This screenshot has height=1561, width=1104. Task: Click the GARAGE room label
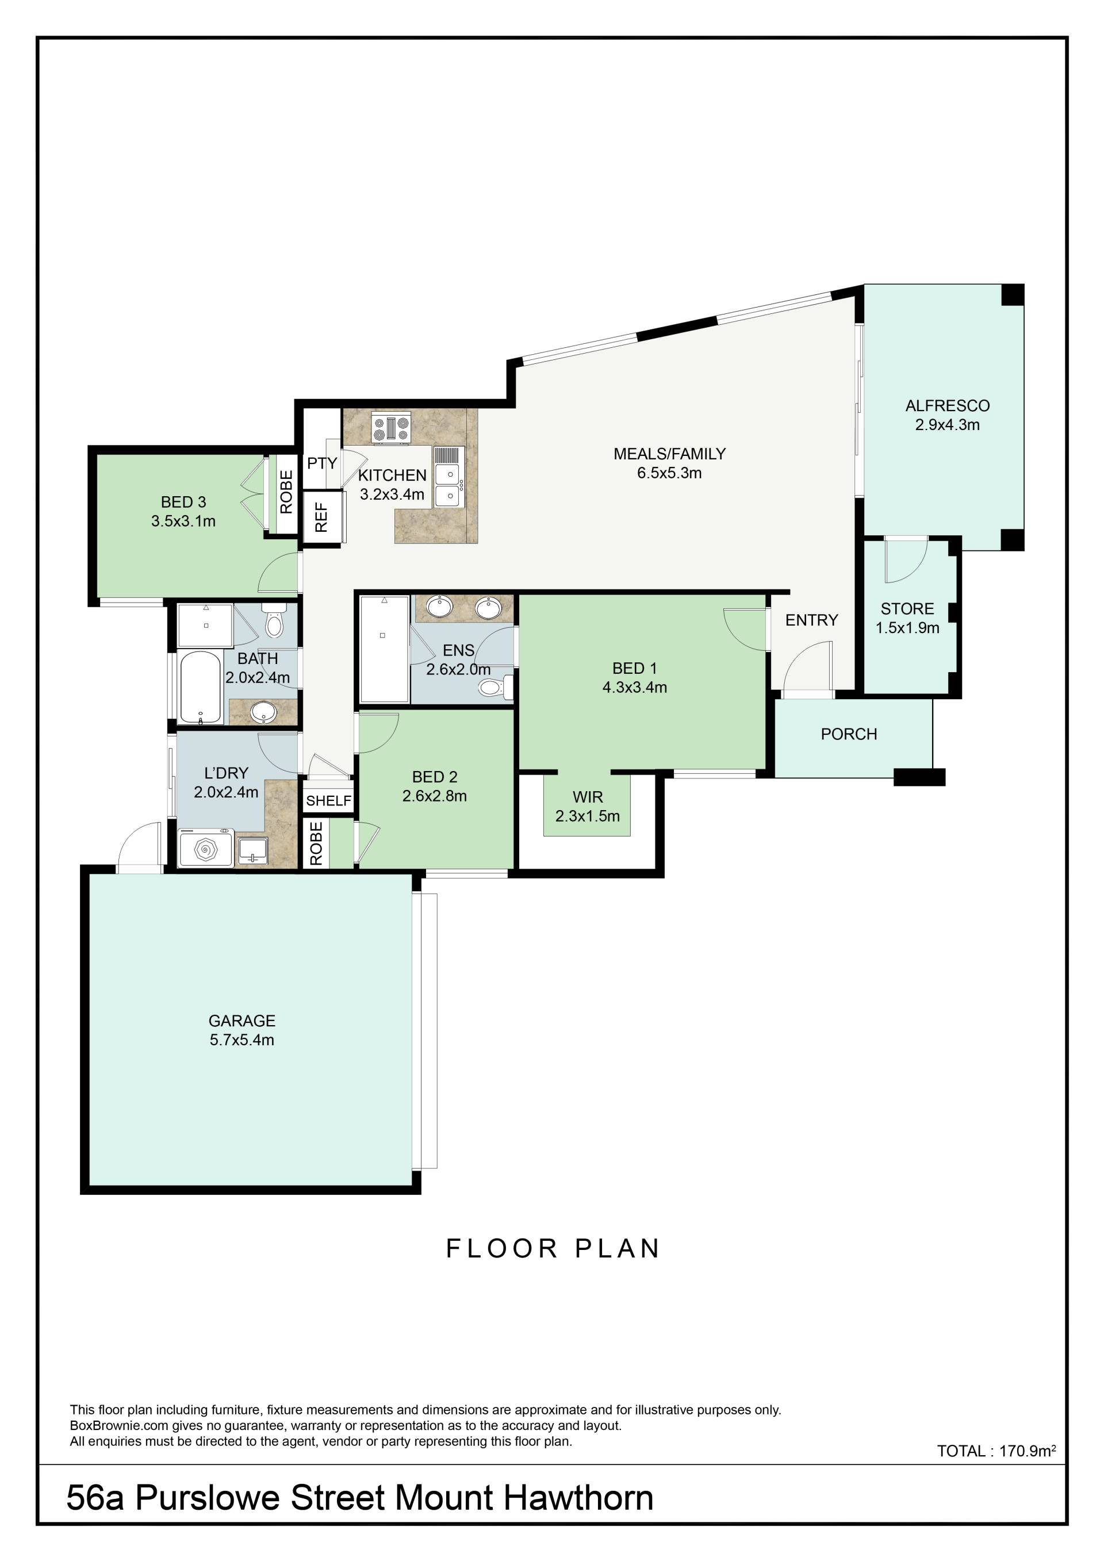tap(241, 1021)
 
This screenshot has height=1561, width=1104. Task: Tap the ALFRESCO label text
tap(947, 406)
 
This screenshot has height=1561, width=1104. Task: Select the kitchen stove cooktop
tap(391, 429)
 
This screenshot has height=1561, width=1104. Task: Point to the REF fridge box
tap(321, 517)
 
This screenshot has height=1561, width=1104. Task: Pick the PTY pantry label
tap(321, 463)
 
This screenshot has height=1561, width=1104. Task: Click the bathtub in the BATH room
tap(201, 687)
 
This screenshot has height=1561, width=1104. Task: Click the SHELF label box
tap(328, 800)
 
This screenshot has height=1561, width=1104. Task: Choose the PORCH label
tap(849, 734)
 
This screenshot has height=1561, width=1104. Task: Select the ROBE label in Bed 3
tap(286, 492)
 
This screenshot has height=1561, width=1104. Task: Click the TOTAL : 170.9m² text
tap(996, 1451)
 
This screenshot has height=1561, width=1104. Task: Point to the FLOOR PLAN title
tap(553, 1248)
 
